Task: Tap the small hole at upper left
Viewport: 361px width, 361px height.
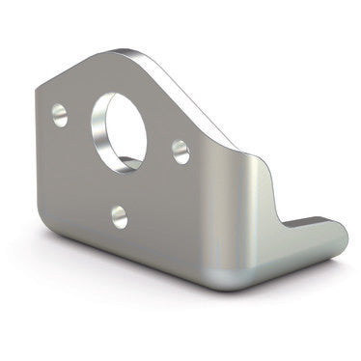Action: click(x=60, y=115)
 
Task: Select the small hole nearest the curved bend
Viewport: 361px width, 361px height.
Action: click(x=180, y=150)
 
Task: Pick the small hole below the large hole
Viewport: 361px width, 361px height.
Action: click(x=120, y=215)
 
